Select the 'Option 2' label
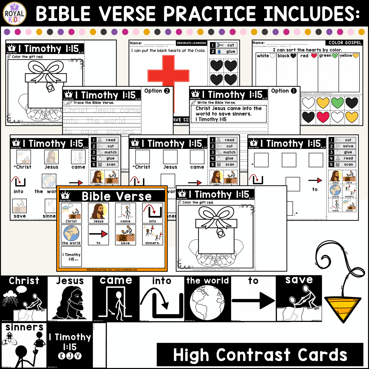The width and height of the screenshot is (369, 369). click(157, 91)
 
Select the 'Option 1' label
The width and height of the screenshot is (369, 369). click(284, 91)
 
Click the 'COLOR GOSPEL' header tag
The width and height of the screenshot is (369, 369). click(345, 43)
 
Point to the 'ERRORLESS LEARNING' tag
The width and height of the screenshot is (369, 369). click(191, 43)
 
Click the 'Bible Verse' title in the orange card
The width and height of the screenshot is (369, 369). click(116, 196)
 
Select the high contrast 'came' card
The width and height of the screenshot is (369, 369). click(116, 299)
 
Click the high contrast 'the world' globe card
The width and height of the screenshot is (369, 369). click(207, 299)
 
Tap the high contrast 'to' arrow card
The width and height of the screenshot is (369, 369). click(253, 299)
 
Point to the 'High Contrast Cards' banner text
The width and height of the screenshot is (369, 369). click(260, 355)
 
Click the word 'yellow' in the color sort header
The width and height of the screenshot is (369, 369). click(346, 55)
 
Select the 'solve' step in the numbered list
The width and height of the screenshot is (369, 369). click(348, 146)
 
